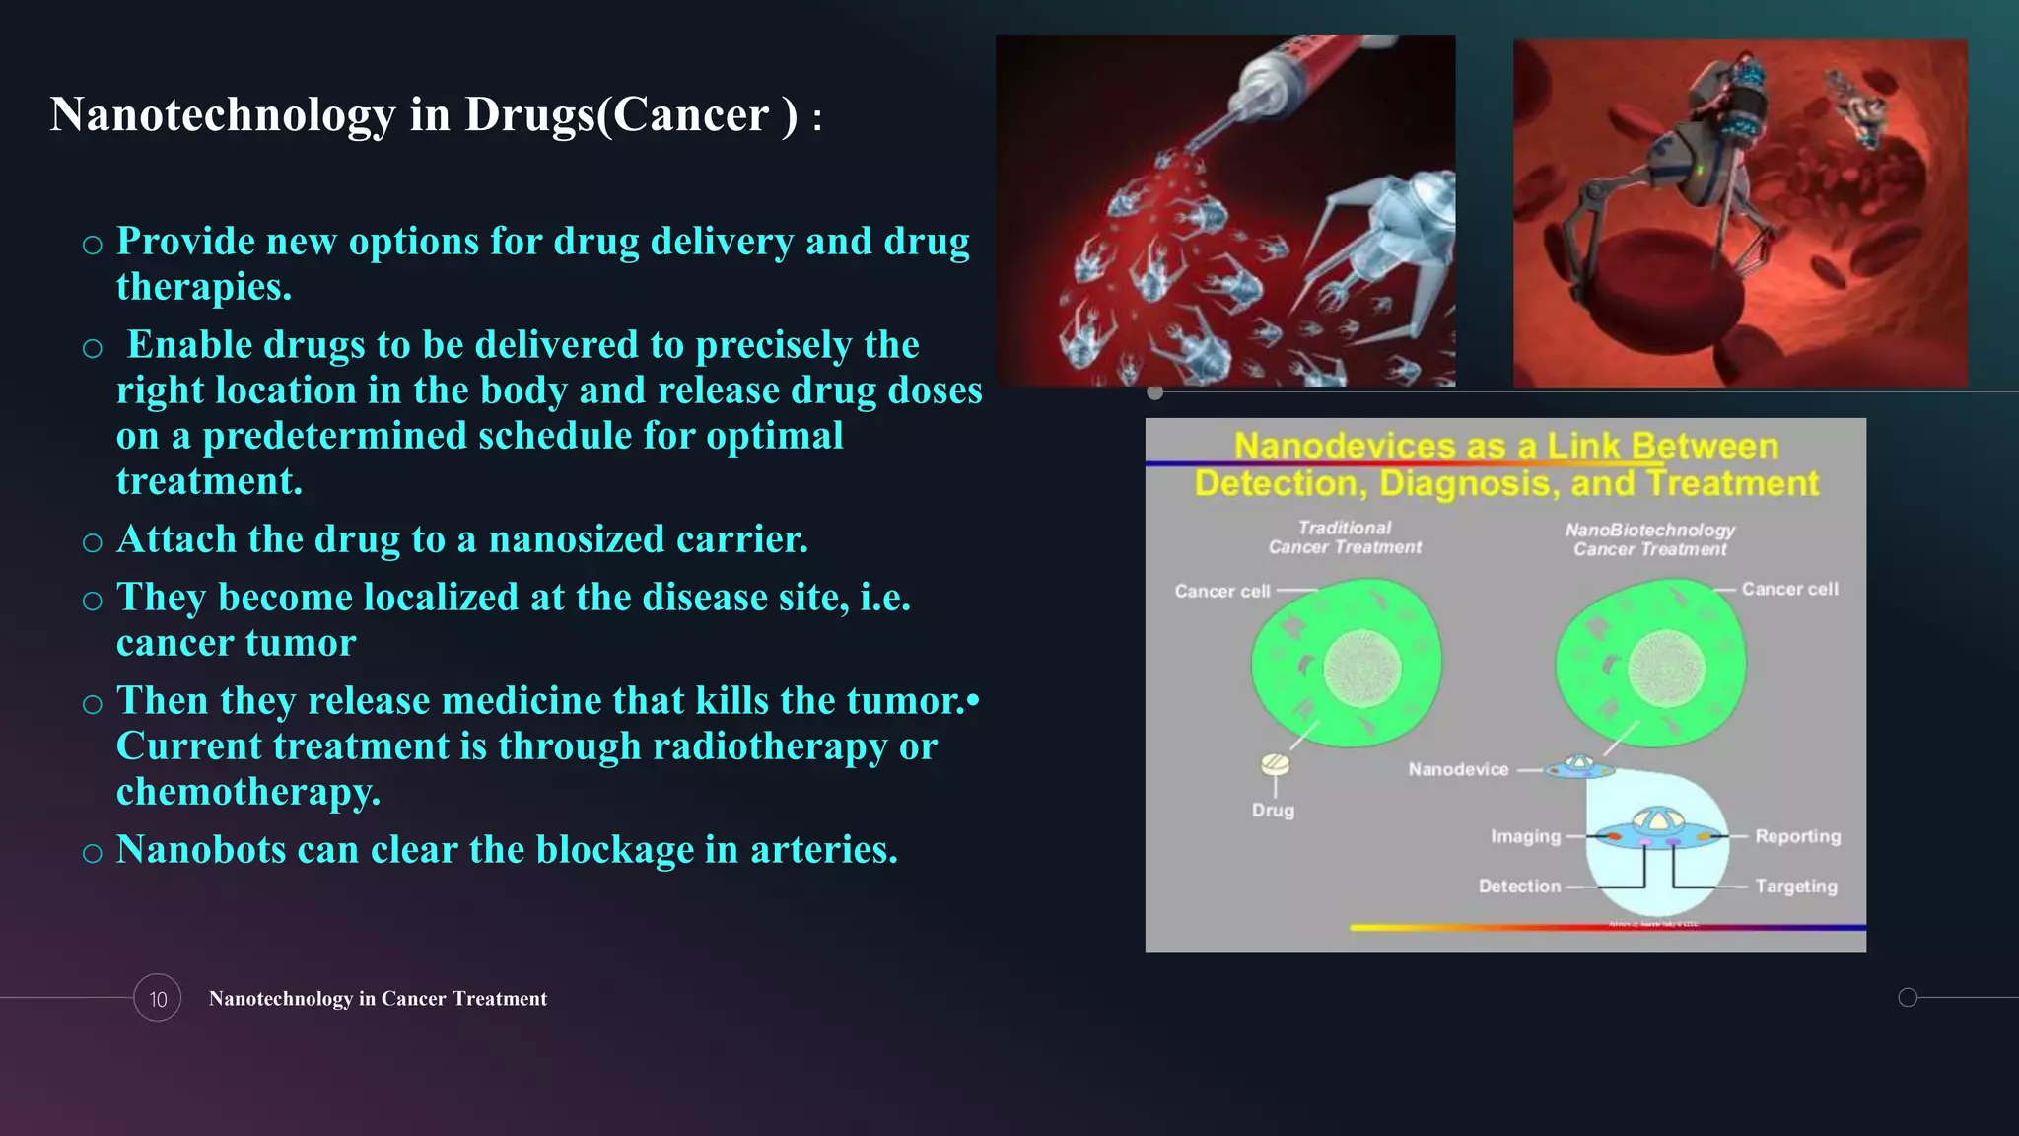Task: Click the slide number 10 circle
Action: coord(158,998)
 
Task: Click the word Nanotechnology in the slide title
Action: coord(222,114)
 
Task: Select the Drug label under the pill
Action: coord(1273,810)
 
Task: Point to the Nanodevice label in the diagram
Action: coord(1458,769)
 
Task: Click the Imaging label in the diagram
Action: coord(1525,836)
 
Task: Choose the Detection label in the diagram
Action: coord(1519,886)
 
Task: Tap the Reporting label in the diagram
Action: coord(1797,836)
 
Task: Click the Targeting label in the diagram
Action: coord(1795,886)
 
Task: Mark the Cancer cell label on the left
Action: coord(1221,591)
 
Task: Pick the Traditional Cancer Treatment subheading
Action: coord(1345,537)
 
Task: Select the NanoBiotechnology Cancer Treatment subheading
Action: coord(1649,539)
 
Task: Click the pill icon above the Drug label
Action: coord(1275,764)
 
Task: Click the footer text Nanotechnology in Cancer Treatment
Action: coord(378,998)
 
